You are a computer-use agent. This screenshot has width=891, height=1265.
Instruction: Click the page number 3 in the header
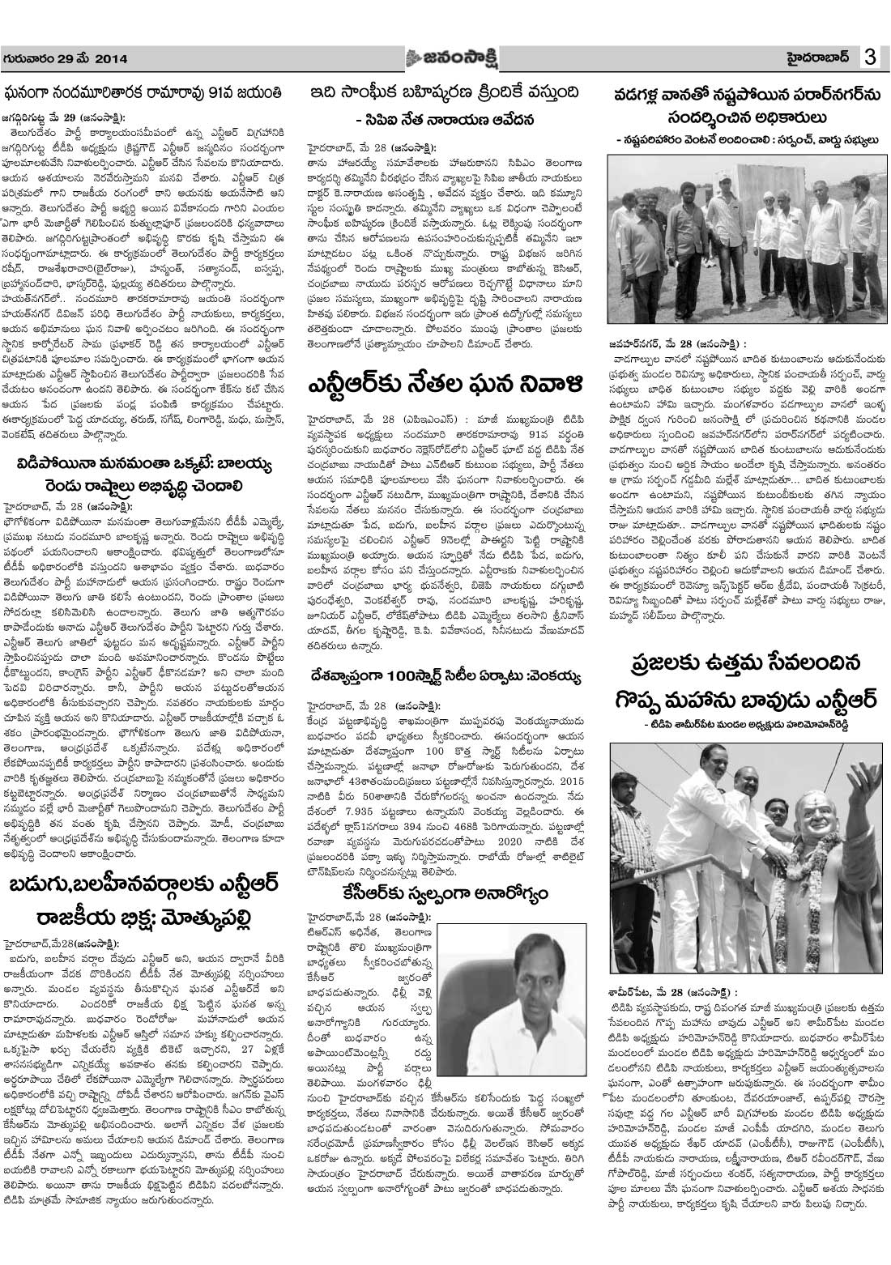(x=871, y=59)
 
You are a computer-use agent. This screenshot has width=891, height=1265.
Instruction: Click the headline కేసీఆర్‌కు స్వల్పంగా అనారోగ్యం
(x=446, y=893)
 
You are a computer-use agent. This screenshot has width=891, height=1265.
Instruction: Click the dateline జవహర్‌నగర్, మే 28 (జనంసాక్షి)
(x=680, y=343)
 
